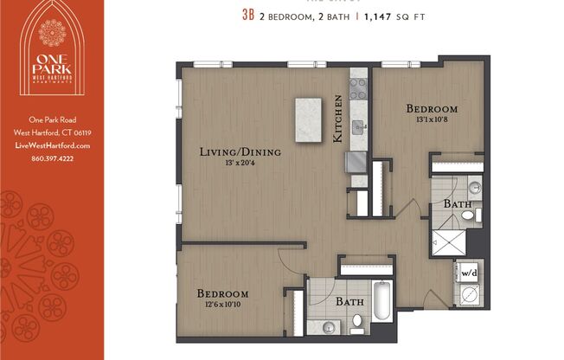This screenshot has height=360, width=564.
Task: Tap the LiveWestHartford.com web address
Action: (x=52, y=145)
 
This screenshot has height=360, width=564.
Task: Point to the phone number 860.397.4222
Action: (x=52, y=158)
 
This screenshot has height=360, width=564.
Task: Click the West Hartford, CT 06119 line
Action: (x=52, y=133)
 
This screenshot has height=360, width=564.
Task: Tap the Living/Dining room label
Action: (x=240, y=152)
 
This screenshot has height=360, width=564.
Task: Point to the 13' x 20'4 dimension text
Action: (x=240, y=164)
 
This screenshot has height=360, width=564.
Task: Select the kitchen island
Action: (x=308, y=114)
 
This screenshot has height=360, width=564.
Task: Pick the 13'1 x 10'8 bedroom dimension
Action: (x=432, y=121)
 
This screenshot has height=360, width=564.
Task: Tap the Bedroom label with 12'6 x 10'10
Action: (x=222, y=294)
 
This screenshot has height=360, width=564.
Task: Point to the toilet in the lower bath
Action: (x=357, y=322)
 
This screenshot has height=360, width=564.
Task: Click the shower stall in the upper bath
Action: (x=448, y=239)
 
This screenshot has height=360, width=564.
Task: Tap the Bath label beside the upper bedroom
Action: (x=458, y=203)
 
